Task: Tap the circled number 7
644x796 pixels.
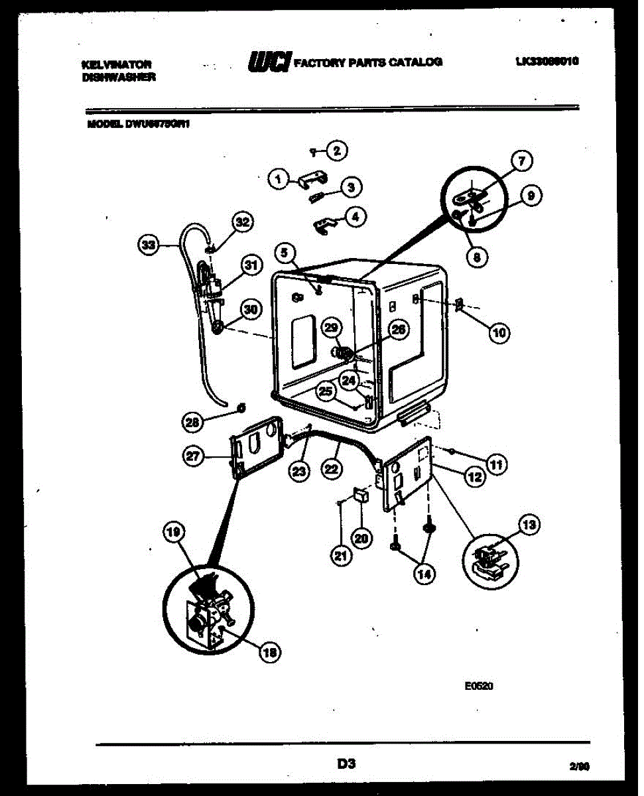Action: (x=522, y=161)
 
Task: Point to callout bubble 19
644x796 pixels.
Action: (x=174, y=531)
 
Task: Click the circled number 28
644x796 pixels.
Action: (x=193, y=420)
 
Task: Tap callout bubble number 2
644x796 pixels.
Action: (x=337, y=151)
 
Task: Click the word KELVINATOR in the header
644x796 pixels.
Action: (x=116, y=64)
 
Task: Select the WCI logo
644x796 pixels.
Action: (x=268, y=61)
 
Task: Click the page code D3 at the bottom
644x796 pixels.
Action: (x=345, y=764)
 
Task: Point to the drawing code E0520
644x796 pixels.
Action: (x=478, y=688)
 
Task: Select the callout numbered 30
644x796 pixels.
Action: (x=251, y=309)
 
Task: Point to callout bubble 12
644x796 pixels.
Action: (x=474, y=476)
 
